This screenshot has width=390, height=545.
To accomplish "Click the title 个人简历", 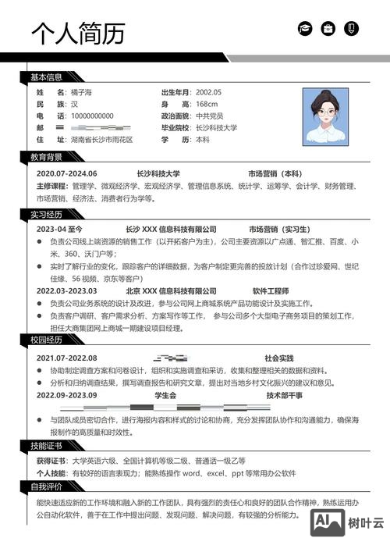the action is pos(77,32).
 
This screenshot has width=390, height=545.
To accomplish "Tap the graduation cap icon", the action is pos(304,28).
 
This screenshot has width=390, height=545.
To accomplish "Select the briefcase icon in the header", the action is pos(328,28).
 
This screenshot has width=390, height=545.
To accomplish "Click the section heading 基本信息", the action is pos(46,77).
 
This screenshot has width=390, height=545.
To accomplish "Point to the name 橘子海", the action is pos(81,92).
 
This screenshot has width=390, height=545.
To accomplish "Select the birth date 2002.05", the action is pos(208,92).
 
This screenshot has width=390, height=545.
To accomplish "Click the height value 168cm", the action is pos(207,104).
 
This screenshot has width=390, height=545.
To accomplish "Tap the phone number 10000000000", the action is pos(92,116).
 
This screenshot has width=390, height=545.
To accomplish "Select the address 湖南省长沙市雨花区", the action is pos(101,139).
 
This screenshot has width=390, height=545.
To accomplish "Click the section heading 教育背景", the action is pos(46,157).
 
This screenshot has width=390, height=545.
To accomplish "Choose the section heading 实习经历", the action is pos(46,213).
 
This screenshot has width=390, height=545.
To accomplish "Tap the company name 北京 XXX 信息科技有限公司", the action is pos(171,290).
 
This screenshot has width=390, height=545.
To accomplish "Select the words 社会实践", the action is pos(278,358).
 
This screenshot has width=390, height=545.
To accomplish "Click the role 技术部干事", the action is pos(284,395).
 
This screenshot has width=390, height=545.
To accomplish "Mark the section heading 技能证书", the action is pos(46,445).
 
